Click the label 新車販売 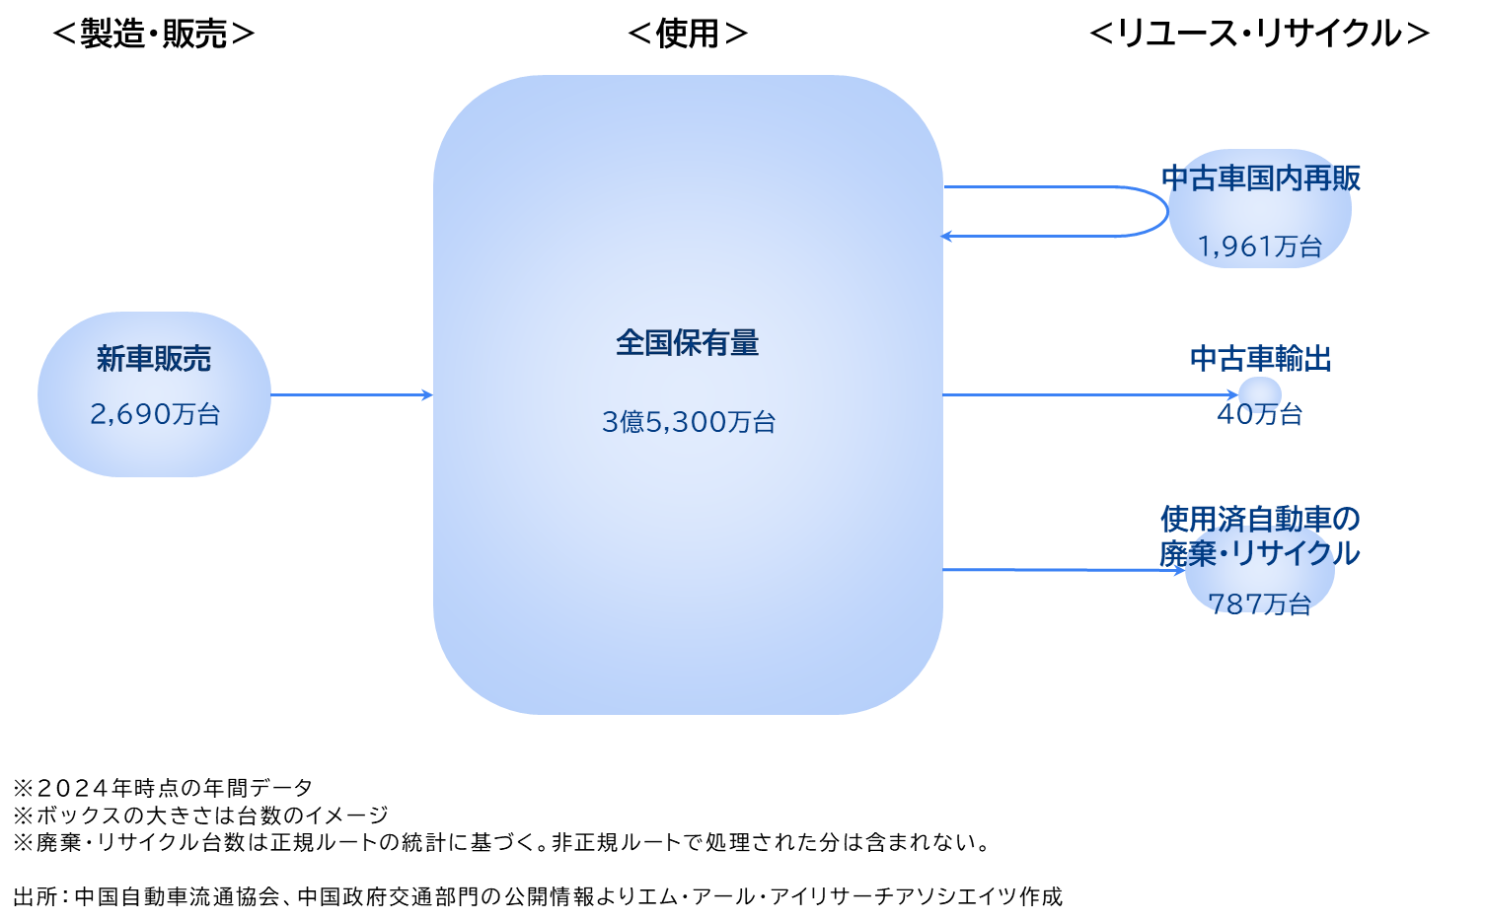tap(154, 359)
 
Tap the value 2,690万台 tap(155, 414)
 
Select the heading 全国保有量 tap(688, 343)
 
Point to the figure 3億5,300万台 tap(689, 422)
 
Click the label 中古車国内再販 tap(1261, 178)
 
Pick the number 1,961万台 tap(1260, 247)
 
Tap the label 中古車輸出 tap(1261, 359)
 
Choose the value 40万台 tap(1260, 415)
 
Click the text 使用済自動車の tap(1260, 519)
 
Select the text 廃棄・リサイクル tap(1260, 553)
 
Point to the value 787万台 tap(1260, 603)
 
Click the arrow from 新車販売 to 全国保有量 tap(350, 395)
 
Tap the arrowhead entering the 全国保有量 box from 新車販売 tap(428, 395)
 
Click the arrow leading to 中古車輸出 tap(1085, 395)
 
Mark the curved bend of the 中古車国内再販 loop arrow tap(1164, 211)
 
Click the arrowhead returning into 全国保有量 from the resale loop tap(947, 237)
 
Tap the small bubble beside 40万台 tap(1260, 391)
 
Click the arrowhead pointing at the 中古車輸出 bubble tap(1233, 395)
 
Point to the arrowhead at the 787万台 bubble tap(1180, 570)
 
